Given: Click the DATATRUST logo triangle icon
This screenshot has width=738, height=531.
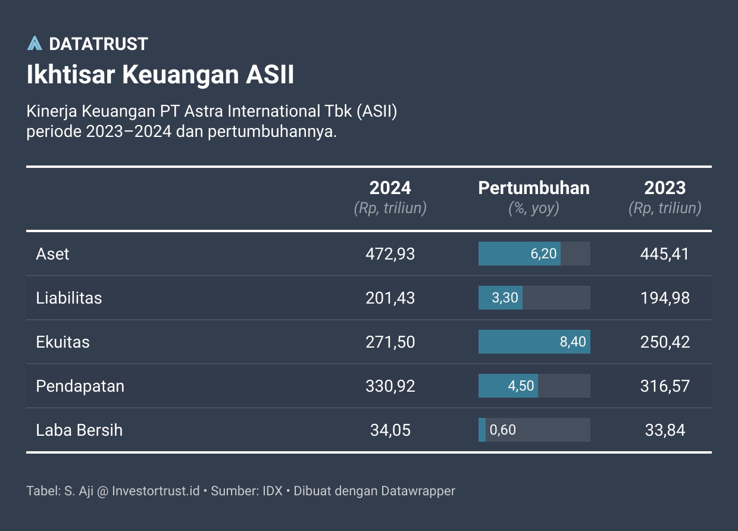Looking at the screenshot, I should [35, 43].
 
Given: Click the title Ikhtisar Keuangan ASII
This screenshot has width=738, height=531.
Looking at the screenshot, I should [160, 76].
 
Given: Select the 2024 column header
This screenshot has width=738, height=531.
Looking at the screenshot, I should [390, 188].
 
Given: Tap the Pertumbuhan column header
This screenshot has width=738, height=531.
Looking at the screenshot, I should [534, 188].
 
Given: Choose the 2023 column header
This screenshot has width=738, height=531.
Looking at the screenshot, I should [665, 188].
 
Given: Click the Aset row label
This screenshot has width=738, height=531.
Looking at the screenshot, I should [53, 254].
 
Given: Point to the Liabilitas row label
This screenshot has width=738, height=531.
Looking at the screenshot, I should [69, 298].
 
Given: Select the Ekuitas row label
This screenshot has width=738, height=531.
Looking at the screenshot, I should [63, 342].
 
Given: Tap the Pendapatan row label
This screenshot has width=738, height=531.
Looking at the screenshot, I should [80, 386].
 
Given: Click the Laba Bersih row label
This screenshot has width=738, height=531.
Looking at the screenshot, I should [79, 430].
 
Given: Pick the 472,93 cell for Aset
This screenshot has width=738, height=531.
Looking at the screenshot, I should [390, 254].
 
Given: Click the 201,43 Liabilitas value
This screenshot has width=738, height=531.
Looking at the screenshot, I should [390, 298].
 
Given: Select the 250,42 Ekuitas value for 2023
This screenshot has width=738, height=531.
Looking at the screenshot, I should [665, 342].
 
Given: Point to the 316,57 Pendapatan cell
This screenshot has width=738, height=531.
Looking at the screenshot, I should [665, 386].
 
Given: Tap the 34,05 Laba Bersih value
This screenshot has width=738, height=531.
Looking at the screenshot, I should [390, 430].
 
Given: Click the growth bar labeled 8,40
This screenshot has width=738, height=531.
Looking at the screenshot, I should [534, 342].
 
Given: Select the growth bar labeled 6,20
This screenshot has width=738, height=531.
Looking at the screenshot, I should [519, 254].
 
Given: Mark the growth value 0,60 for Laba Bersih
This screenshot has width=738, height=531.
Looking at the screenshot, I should [503, 430].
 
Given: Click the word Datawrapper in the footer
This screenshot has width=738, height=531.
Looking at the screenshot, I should [418, 491].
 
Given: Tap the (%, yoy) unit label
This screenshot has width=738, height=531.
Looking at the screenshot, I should [534, 208].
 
